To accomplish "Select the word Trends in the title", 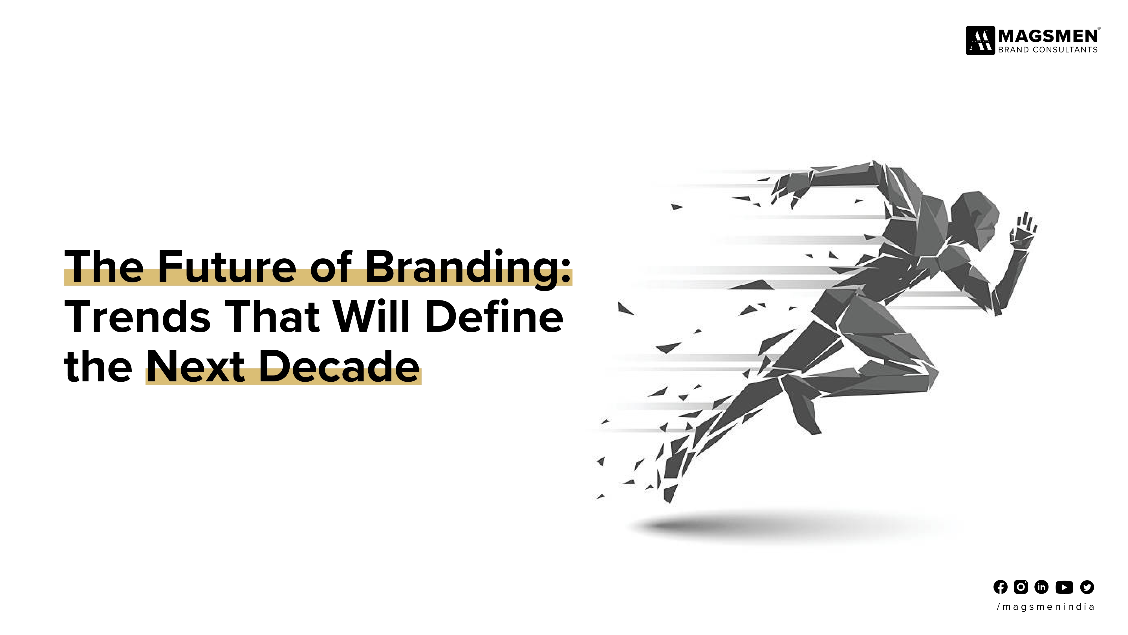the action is (x=138, y=316).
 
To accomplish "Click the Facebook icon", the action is (x=1000, y=587).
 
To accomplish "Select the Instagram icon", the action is (x=1021, y=587).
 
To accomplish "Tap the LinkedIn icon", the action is (x=1041, y=587).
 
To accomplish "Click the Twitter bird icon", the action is (x=1087, y=587).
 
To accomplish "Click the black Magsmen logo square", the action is (x=980, y=40).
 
